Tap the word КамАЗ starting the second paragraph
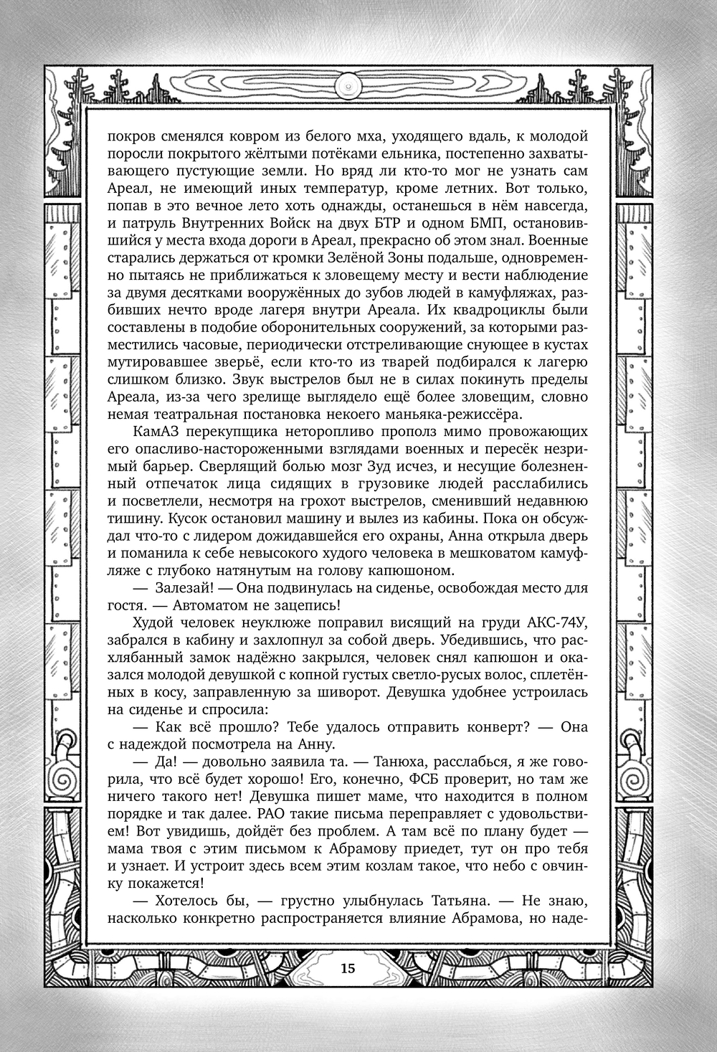[156, 432]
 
